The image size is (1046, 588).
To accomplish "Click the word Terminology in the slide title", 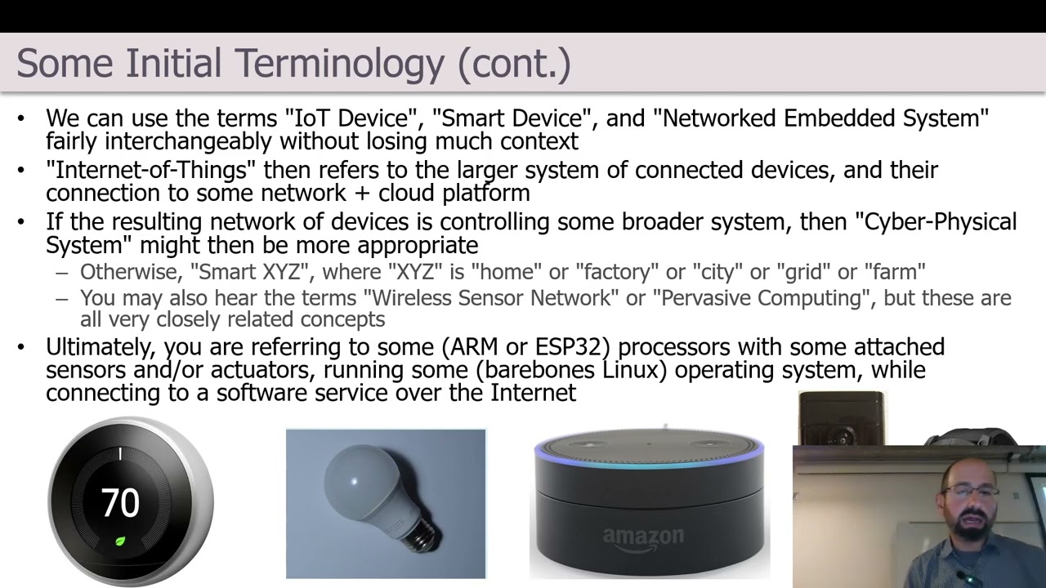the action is coord(339,65).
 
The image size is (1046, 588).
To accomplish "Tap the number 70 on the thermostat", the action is coord(120,502).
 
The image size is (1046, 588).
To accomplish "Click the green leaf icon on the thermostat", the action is coord(120,541).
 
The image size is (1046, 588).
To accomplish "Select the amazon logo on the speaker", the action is coord(643,538).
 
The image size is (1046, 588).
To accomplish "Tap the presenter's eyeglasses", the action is coord(969,492).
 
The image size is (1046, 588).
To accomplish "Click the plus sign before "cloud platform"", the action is coord(362,194).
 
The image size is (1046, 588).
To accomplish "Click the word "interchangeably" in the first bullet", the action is coord(188,141).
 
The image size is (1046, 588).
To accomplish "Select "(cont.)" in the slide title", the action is coord(515,65).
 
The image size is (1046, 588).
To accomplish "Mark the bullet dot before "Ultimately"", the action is coord(20,347).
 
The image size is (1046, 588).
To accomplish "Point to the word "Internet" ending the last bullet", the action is coord(533,393).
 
